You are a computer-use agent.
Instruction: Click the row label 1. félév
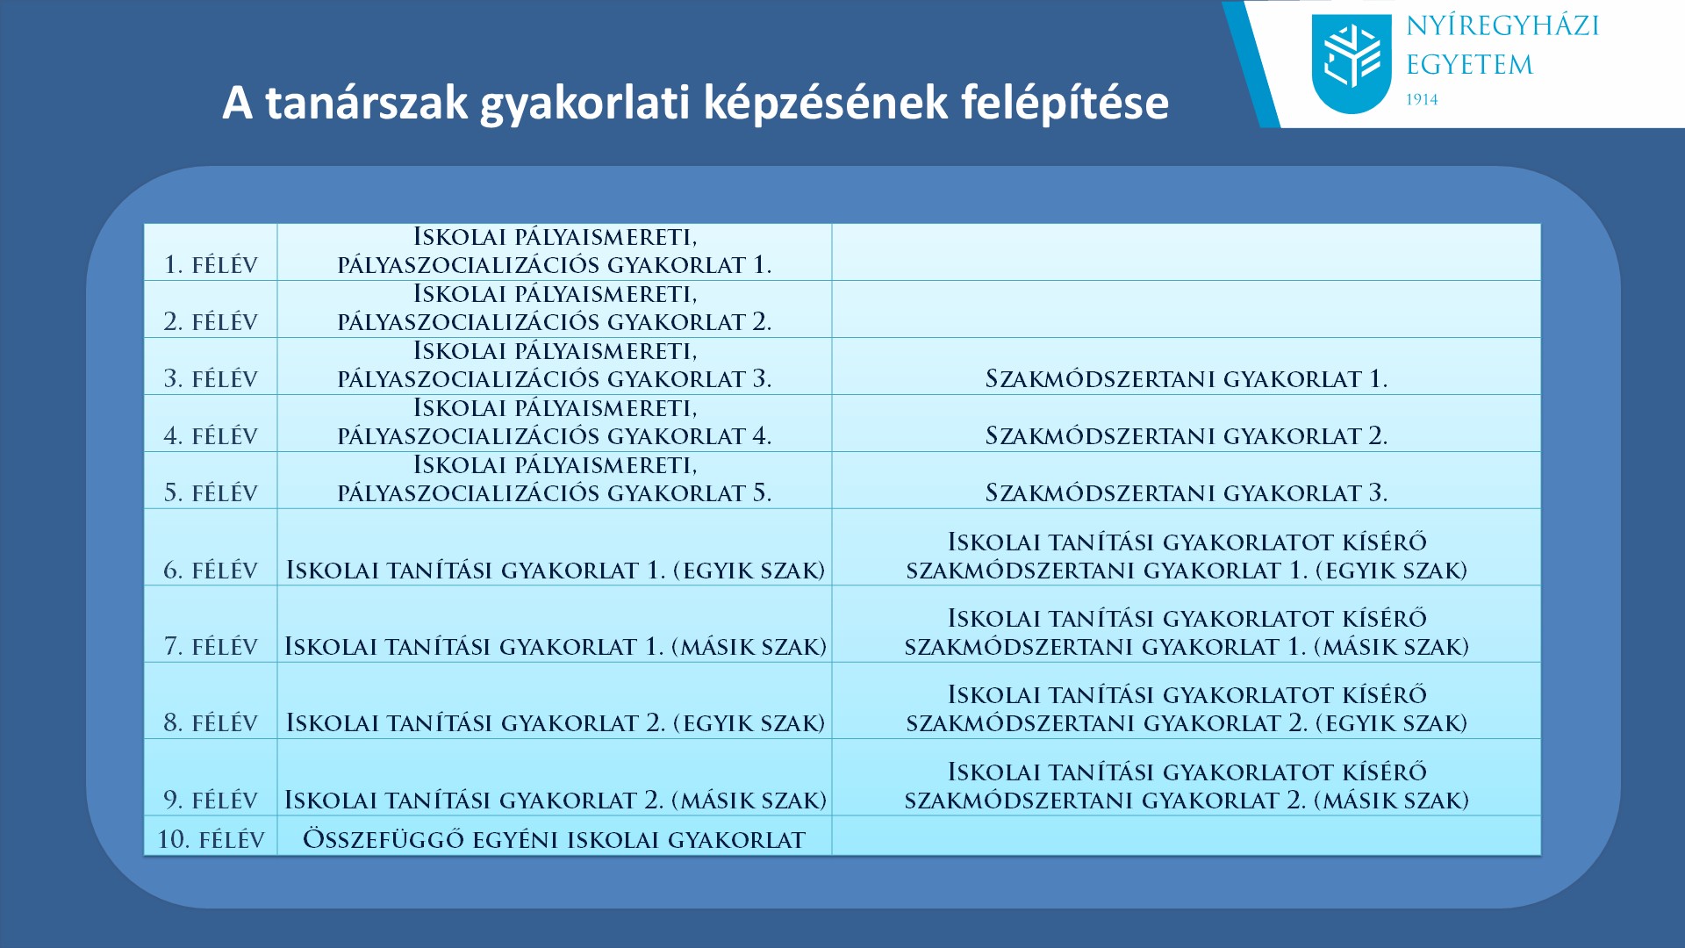(211, 265)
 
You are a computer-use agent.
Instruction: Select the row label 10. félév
(211, 839)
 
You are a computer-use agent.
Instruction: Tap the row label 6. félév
(211, 571)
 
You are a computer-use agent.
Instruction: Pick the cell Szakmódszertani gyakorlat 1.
(1186, 379)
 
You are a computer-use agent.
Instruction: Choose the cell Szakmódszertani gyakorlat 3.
(1186, 493)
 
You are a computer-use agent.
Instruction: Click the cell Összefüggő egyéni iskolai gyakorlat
(554, 839)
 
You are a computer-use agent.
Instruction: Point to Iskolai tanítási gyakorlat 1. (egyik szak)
(556, 571)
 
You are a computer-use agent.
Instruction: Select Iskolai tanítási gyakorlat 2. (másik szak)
(556, 800)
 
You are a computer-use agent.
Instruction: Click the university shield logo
(1352, 64)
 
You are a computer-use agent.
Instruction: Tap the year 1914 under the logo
(1422, 100)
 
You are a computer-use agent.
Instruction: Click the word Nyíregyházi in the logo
(1502, 26)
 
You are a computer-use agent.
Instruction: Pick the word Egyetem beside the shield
(1469, 65)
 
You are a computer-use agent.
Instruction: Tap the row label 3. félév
(211, 379)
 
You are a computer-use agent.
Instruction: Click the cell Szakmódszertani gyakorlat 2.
(1186, 436)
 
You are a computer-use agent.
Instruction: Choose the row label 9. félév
(211, 801)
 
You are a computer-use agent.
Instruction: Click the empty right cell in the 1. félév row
(1187, 252)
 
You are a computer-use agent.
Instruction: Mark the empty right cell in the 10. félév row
(1187, 835)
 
